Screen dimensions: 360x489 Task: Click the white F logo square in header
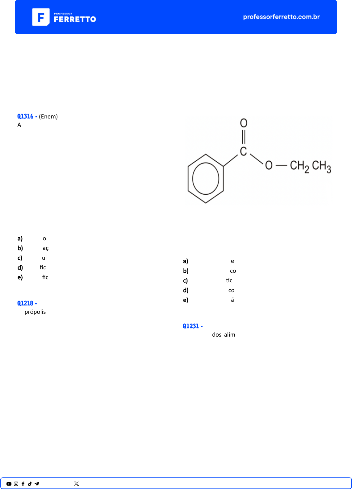pyautogui.click(x=41, y=17)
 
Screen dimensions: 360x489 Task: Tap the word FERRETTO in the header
pyautogui.click(x=75, y=19)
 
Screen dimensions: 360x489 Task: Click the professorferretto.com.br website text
pyautogui.click(x=281, y=17)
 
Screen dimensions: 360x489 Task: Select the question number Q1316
pyautogui.click(x=25, y=116)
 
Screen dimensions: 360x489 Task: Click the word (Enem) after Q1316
pyautogui.click(x=48, y=116)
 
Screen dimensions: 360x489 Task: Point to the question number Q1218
pyautogui.click(x=25, y=303)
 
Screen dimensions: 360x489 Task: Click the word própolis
pyautogui.click(x=35, y=312)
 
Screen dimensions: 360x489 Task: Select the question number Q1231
pyautogui.click(x=191, y=326)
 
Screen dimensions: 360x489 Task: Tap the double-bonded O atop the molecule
pyautogui.click(x=244, y=123)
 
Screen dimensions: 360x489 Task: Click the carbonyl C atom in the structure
pyautogui.click(x=243, y=151)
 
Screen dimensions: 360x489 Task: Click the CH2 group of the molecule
pyautogui.click(x=299, y=166)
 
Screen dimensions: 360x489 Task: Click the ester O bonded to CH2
pyautogui.click(x=269, y=165)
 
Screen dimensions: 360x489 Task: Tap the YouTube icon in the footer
pyautogui.click(x=9, y=484)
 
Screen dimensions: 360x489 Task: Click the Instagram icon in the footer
pyautogui.click(x=16, y=484)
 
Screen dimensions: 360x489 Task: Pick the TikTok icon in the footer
pyautogui.click(x=30, y=484)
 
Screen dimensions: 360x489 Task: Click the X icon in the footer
pyautogui.click(x=77, y=484)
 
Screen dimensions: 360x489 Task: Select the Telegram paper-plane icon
pyautogui.click(x=37, y=484)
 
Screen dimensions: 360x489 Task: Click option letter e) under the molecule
pyautogui.click(x=186, y=300)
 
